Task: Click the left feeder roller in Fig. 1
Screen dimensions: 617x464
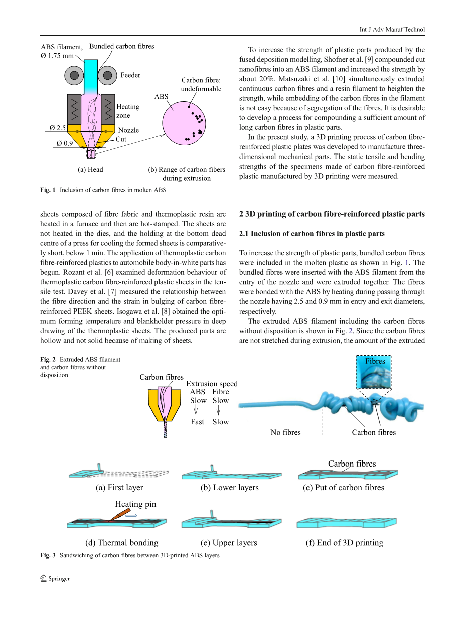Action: point(74,75)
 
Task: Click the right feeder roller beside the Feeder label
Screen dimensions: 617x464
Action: point(107,75)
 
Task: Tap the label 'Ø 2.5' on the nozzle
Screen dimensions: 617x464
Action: point(58,128)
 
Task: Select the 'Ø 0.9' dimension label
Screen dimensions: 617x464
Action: point(65,143)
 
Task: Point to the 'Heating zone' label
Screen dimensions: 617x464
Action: point(127,111)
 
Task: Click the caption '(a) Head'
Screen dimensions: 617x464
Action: point(90,170)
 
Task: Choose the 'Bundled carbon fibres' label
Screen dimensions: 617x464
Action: point(121,46)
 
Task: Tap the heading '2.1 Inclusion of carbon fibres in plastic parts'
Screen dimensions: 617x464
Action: point(312,234)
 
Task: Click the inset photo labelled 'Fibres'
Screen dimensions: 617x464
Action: point(374,373)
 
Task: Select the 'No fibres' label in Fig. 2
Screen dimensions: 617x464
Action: point(285,432)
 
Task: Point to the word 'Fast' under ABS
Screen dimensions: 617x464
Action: point(197,422)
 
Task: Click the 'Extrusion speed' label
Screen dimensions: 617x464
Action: point(212,384)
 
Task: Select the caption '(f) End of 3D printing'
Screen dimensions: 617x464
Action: point(344,542)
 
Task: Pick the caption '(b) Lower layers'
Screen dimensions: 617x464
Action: point(230,487)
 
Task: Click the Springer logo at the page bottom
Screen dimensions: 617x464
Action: point(55,578)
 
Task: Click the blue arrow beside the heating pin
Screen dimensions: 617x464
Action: point(131,515)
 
